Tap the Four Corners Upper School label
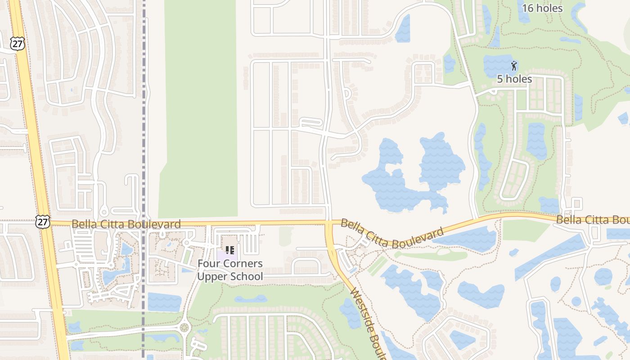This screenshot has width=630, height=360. point(230,270)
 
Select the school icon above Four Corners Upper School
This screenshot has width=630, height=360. point(229,250)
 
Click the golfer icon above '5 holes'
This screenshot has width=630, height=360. point(514,65)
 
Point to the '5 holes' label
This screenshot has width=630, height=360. point(514,79)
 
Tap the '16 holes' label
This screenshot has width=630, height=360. point(542,8)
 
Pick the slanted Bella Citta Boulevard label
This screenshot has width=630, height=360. point(391,234)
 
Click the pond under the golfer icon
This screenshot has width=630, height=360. point(499,65)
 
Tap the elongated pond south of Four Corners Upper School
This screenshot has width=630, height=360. point(251,299)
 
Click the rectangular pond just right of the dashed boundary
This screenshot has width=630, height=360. point(164,302)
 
